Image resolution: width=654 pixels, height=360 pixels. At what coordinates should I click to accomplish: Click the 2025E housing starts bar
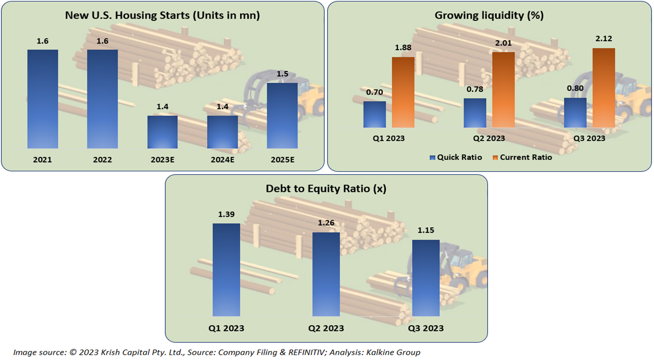click(x=282, y=115)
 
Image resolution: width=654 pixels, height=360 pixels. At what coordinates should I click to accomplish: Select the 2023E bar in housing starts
click(x=162, y=132)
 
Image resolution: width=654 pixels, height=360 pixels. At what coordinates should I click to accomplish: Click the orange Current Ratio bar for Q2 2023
click(x=503, y=90)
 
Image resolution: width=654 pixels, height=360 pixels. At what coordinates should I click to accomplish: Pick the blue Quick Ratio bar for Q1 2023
click(x=374, y=114)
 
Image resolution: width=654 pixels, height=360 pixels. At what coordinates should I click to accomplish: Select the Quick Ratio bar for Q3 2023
click(x=575, y=113)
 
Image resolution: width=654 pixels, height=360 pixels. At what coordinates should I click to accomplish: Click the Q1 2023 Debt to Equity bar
click(x=226, y=270)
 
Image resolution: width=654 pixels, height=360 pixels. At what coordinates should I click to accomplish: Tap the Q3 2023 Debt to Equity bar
click(x=426, y=278)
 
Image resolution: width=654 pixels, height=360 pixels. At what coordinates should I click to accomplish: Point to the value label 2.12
click(x=604, y=39)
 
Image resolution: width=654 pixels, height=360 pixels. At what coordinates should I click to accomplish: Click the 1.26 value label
click(x=326, y=223)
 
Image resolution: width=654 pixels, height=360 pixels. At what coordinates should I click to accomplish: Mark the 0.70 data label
click(x=374, y=92)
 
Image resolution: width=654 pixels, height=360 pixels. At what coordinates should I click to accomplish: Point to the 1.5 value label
click(x=282, y=73)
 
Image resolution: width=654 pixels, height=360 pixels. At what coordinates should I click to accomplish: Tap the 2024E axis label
click(x=222, y=160)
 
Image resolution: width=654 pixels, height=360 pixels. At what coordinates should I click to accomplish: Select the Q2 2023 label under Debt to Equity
click(x=326, y=328)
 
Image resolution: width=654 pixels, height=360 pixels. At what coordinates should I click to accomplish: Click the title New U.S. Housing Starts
click(x=162, y=15)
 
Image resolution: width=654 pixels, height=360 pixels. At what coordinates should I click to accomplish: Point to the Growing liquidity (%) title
click(x=489, y=15)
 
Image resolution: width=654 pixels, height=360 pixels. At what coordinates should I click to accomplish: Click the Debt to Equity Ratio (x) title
click(x=326, y=189)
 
